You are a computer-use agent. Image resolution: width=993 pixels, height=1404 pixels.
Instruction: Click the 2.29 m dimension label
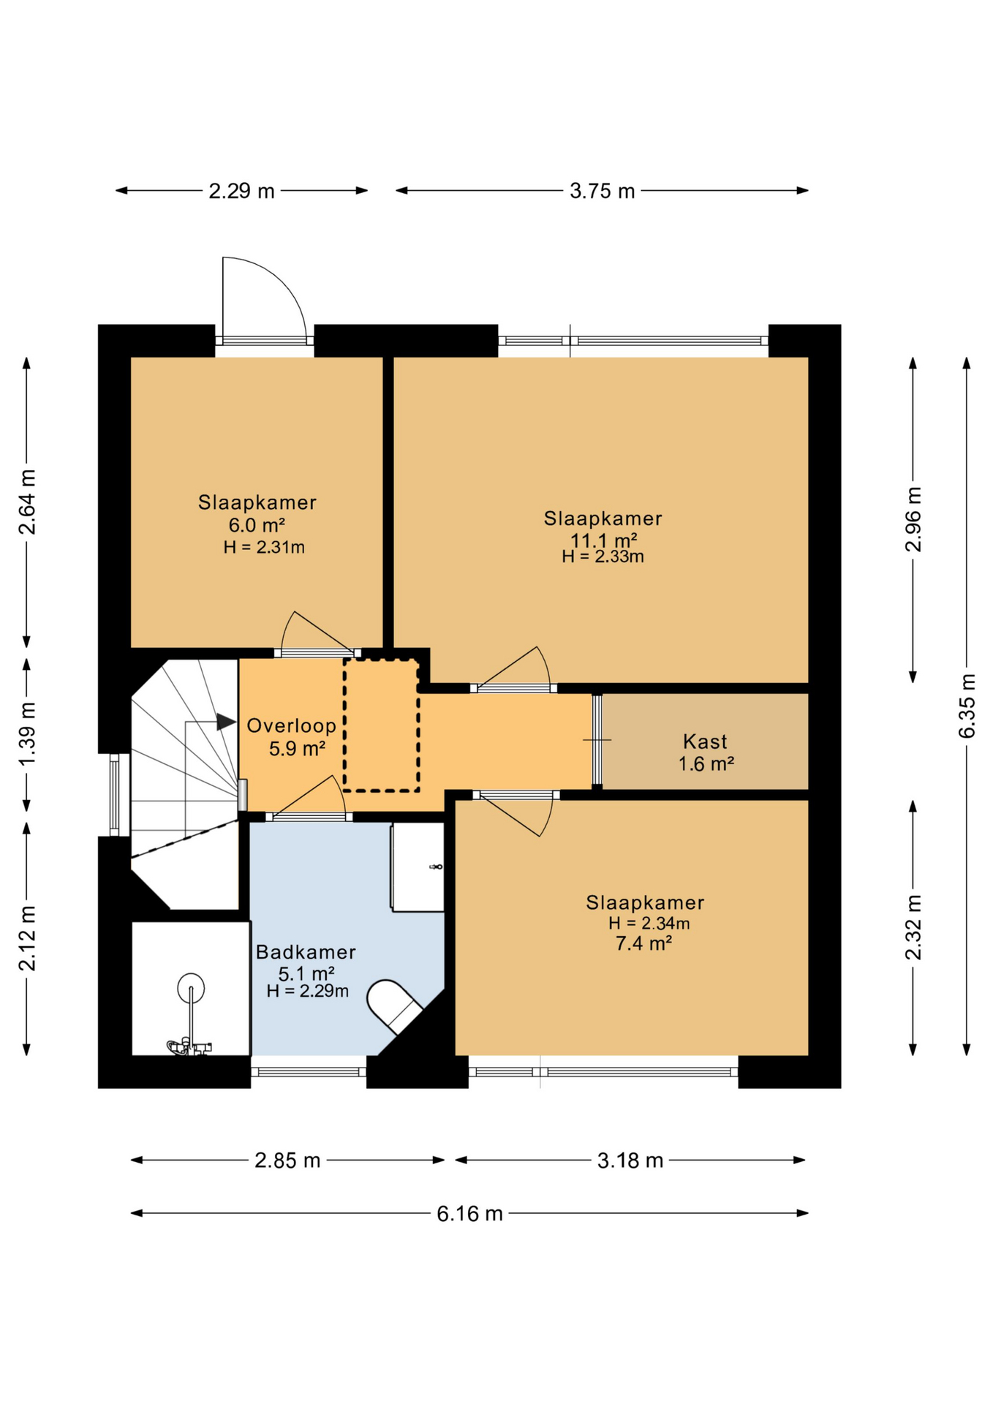[x=241, y=191]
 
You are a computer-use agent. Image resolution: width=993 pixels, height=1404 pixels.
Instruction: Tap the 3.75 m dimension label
[x=602, y=191]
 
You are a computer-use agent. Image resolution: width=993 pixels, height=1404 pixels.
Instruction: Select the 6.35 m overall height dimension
[x=967, y=706]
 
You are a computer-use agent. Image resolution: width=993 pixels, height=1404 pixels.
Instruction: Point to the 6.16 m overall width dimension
[x=469, y=1214]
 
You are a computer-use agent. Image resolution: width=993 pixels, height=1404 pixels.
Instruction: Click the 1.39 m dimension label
[x=27, y=734]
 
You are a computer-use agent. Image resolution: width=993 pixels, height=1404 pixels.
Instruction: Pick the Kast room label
[x=705, y=741]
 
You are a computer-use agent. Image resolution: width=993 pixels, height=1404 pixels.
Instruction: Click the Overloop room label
[x=291, y=725]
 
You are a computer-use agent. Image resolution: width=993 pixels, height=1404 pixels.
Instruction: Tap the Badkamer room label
[x=306, y=952]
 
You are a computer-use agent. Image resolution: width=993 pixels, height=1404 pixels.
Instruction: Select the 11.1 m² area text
[x=603, y=540]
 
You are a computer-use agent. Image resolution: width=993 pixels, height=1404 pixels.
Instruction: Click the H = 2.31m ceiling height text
[x=264, y=547]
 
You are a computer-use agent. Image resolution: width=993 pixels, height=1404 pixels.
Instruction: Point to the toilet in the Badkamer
[x=394, y=1006]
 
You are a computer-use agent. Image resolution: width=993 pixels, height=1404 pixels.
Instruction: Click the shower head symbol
[x=191, y=988]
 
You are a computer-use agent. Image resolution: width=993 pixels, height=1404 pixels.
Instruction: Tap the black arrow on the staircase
[x=226, y=722]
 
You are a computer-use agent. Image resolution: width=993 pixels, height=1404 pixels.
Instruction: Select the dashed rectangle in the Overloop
[x=381, y=725]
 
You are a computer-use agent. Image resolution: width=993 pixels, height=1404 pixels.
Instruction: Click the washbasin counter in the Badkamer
[x=418, y=867]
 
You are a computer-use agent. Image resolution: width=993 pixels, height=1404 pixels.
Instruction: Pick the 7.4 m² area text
[x=643, y=943]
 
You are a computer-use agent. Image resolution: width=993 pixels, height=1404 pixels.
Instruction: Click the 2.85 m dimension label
[x=287, y=1160]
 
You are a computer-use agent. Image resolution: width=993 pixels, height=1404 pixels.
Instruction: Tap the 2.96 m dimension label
[x=913, y=519]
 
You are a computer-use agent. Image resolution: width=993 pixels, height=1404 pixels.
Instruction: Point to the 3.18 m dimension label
[x=630, y=1160]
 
